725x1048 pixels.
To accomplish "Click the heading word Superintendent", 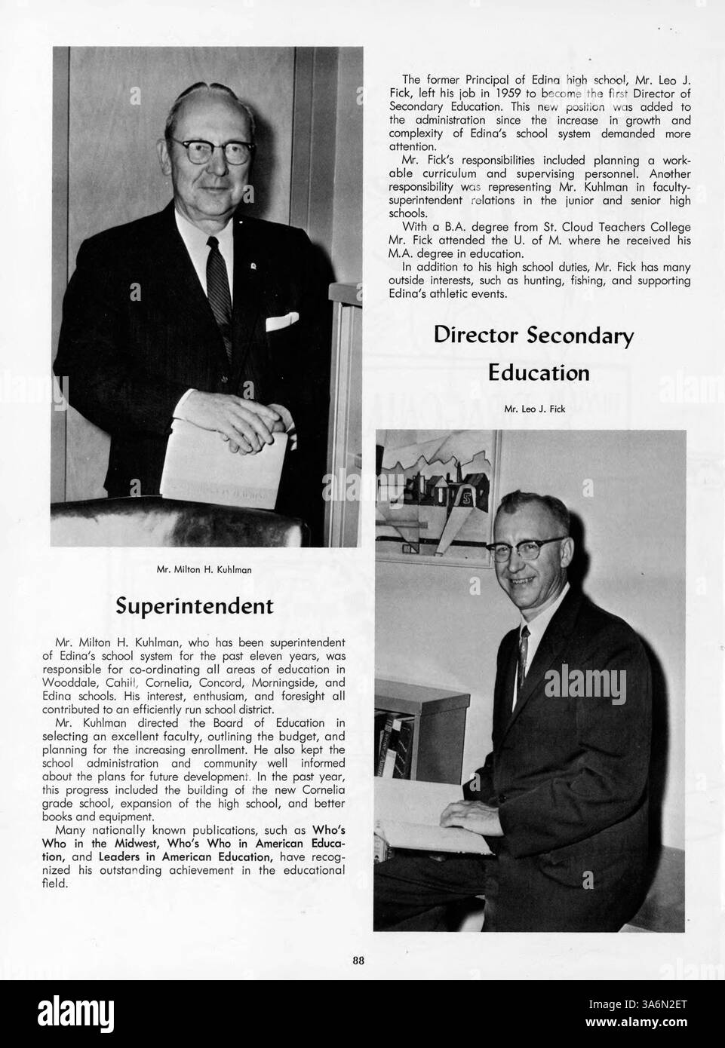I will tap(194, 605).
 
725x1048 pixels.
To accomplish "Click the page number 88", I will tap(359, 961).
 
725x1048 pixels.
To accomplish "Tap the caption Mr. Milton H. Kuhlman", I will tap(204, 569).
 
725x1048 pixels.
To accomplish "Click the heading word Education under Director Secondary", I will tap(538, 372).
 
